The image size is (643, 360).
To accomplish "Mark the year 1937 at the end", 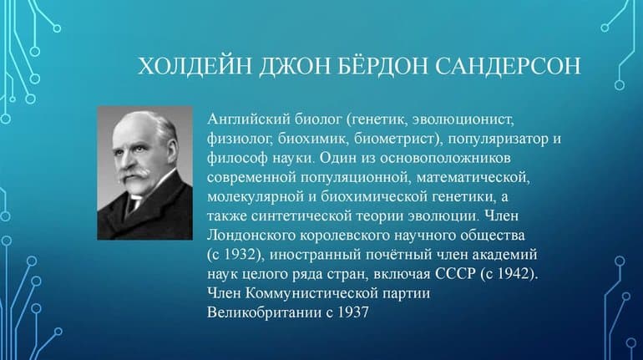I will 351,310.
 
